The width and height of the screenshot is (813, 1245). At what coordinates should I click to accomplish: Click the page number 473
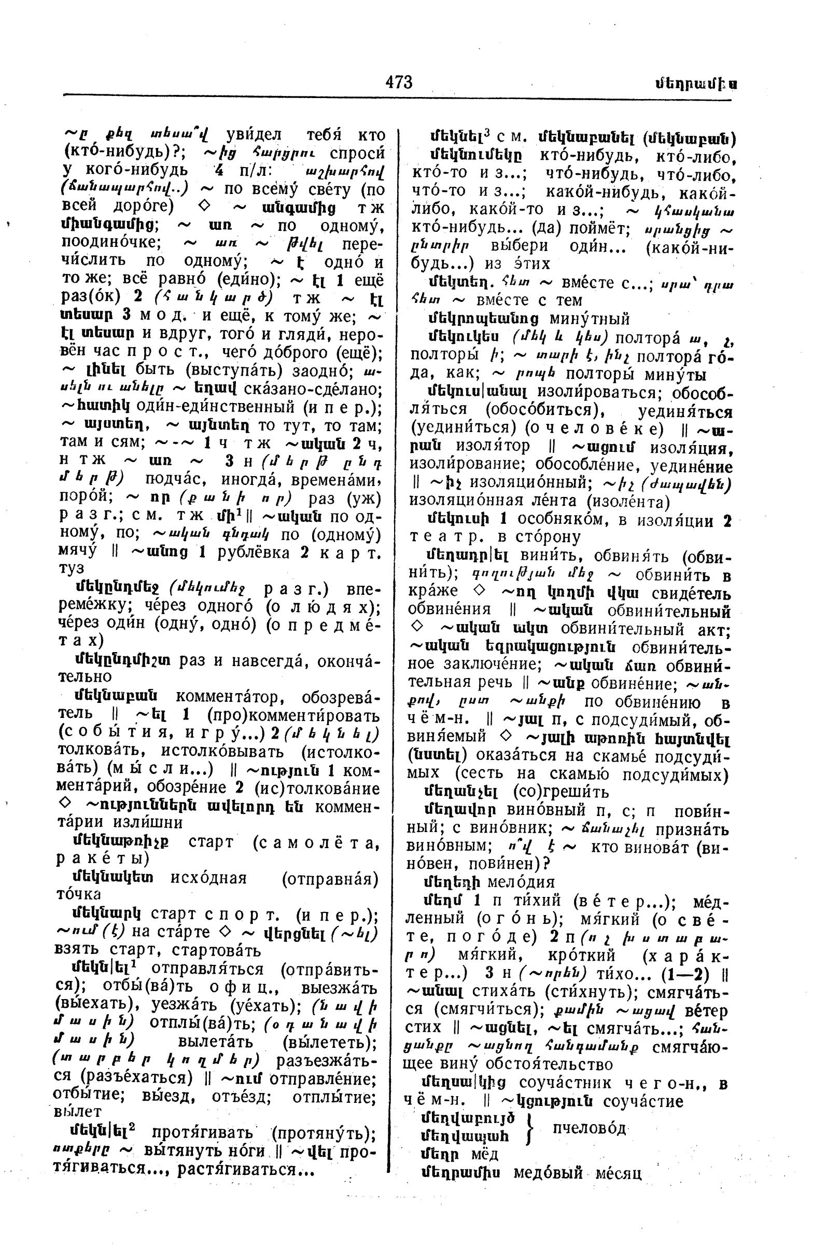(x=399, y=82)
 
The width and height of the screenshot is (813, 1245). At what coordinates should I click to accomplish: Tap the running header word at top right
(x=697, y=84)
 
